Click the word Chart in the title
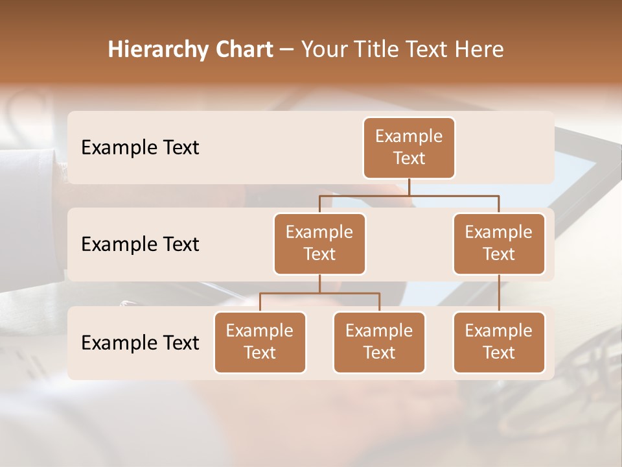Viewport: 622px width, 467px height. click(x=245, y=50)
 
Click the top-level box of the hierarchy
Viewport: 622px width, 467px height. click(x=409, y=147)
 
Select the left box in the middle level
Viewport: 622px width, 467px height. click(x=319, y=243)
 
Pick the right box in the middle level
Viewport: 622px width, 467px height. click(x=499, y=243)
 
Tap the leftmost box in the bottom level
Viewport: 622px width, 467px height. click(x=260, y=342)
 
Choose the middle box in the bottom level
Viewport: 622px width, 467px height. click(x=379, y=342)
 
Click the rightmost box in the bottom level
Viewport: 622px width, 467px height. click(x=499, y=342)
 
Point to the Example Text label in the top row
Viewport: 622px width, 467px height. click(x=140, y=148)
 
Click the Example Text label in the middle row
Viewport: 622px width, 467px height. click(x=140, y=245)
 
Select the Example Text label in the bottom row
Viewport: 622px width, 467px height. click(x=140, y=342)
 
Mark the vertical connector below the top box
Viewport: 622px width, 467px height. click(x=409, y=187)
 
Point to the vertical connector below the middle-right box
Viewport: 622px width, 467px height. click(x=499, y=293)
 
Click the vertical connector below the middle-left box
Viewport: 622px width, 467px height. click(x=319, y=283)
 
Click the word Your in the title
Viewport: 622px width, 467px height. click(x=323, y=50)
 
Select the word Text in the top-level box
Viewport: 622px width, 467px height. click(x=409, y=158)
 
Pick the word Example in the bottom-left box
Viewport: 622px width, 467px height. click(x=260, y=331)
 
